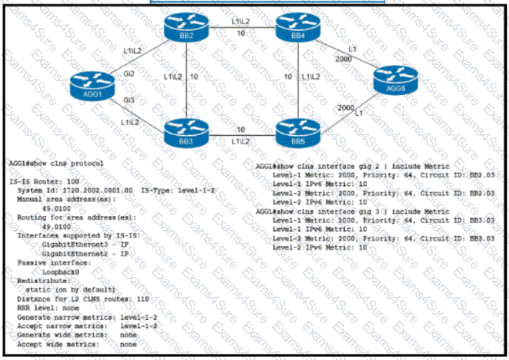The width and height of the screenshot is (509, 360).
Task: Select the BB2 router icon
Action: [187, 27]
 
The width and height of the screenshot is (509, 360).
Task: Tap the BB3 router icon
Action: [187, 130]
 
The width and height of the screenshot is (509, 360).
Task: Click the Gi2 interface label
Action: [129, 73]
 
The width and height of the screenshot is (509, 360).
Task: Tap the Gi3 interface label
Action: [129, 100]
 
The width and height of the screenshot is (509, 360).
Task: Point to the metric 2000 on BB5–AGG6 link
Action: [346, 108]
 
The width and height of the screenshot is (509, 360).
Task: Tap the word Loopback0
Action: [61, 272]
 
